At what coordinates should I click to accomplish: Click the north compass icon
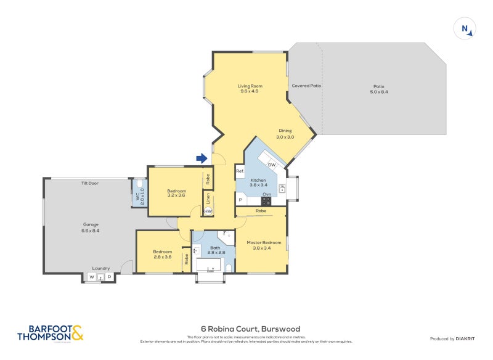[x=465, y=29]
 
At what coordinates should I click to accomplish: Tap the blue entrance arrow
[x=202, y=159]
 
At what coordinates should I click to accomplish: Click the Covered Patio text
[x=306, y=86]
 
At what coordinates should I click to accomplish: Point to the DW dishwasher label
[x=271, y=165]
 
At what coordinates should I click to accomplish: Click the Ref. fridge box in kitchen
[x=240, y=171]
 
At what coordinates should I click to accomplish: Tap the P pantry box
[x=240, y=200]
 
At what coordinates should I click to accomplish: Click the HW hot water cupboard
[x=208, y=211]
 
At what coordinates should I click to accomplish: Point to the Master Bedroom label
[x=264, y=242]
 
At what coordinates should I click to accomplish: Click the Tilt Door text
[x=90, y=183]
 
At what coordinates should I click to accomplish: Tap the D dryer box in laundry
[x=109, y=277]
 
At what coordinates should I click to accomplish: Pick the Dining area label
[x=285, y=131]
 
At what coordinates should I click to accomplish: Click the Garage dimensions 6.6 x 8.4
[x=91, y=231]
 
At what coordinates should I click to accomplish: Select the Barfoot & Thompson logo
[x=49, y=333]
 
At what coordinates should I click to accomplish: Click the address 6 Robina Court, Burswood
[x=250, y=329]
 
